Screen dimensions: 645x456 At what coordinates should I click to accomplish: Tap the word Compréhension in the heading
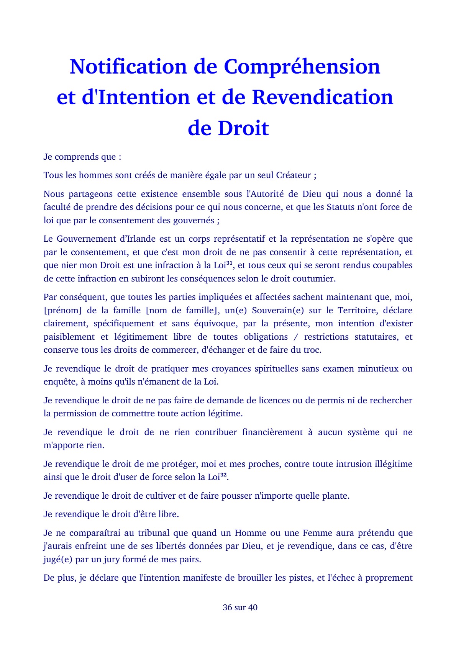[302, 67]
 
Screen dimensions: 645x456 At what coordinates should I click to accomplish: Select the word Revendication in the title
[322, 97]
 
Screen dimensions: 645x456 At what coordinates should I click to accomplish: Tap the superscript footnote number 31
[230, 263]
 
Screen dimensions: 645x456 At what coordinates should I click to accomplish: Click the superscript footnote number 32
[224, 475]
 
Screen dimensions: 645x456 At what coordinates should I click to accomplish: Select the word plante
[335, 496]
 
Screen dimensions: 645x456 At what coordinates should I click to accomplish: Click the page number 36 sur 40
[240, 607]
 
